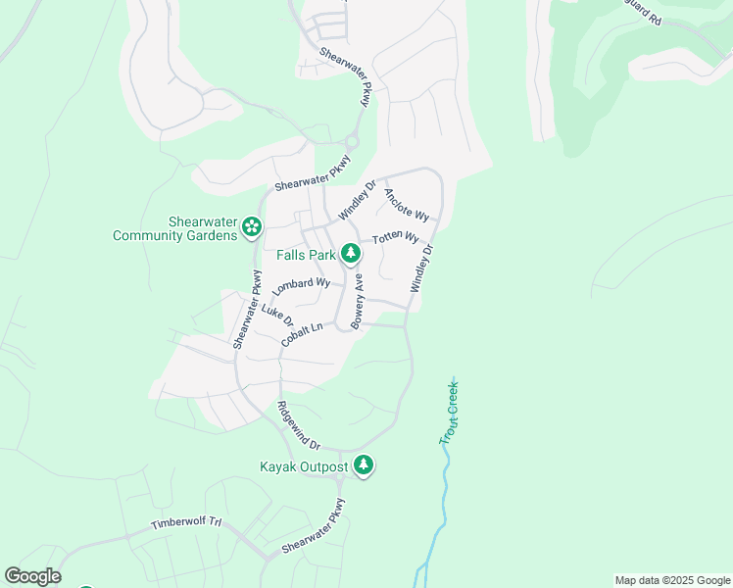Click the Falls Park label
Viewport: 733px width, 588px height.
[307, 255]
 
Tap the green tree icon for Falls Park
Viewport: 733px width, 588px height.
[351, 255]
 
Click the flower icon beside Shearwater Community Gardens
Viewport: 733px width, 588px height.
[252, 227]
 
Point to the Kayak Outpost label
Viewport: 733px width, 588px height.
[304, 466]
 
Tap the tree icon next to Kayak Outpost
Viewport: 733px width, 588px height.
[364, 465]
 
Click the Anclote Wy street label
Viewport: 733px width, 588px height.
[407, 204]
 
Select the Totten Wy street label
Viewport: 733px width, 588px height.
[395, 238]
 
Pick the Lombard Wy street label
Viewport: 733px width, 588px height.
[301, 285]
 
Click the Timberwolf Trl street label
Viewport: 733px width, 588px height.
[186, 524]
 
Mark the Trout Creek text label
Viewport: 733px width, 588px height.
[450, 414]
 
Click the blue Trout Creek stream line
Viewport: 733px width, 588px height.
[443, 490]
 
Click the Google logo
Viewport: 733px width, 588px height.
[32, 576]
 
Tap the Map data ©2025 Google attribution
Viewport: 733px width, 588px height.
[672, 580]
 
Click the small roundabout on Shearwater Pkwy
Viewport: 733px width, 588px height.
[351, 142]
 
